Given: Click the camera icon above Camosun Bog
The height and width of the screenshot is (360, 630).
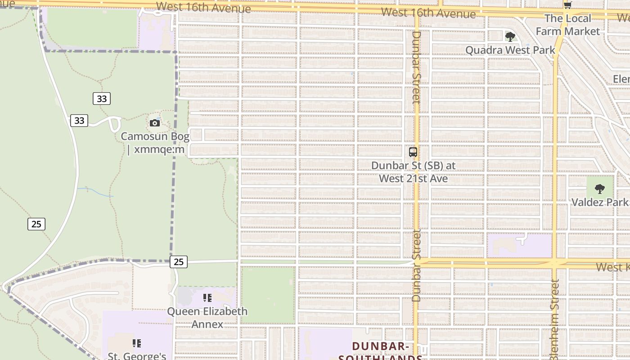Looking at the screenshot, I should pyautogui.click(x=155, y=123).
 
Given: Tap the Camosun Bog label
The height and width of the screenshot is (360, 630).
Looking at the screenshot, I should pyautogui.click(x=155, y=143).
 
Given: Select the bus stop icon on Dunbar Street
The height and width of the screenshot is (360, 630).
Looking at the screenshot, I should pyautogui.click(x=413, y=152).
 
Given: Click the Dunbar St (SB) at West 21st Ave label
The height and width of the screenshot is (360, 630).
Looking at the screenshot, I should pyautogui.click(x=413, y=172).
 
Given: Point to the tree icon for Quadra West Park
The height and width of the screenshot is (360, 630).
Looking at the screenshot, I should pyautogui.click(x=510, y=36).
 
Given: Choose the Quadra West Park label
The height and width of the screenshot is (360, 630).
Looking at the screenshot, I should pyautogui.click(x=510, y=50).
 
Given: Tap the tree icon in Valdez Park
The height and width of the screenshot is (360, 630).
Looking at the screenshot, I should pyautogui.click(x=599, y=189).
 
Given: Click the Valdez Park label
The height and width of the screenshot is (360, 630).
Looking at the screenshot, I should pyautogui.click(x=599, y=202).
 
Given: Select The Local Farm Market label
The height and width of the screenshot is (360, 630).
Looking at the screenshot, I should pyautogui.click(x=567, y=25).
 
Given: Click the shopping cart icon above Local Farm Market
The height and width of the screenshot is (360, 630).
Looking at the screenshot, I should pyautogui.click(x=567, y=5).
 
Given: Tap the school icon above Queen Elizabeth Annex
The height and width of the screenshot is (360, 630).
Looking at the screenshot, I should pyautogui.click(x=207, y=298).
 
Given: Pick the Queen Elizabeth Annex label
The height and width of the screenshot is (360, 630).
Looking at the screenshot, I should pyautogui.click(x=207, y=318).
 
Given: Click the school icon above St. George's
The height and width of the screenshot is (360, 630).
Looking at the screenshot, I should pyautogui.click(x=137, y=343).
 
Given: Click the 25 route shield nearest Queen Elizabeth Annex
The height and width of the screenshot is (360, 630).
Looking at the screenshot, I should pyautogui.click(x=179, y=261).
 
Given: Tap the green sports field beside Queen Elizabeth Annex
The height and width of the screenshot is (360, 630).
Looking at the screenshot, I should pyautogui.click(x=268, y=295).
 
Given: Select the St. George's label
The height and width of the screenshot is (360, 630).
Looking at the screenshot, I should pyautogui.click(x=137, y=356).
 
